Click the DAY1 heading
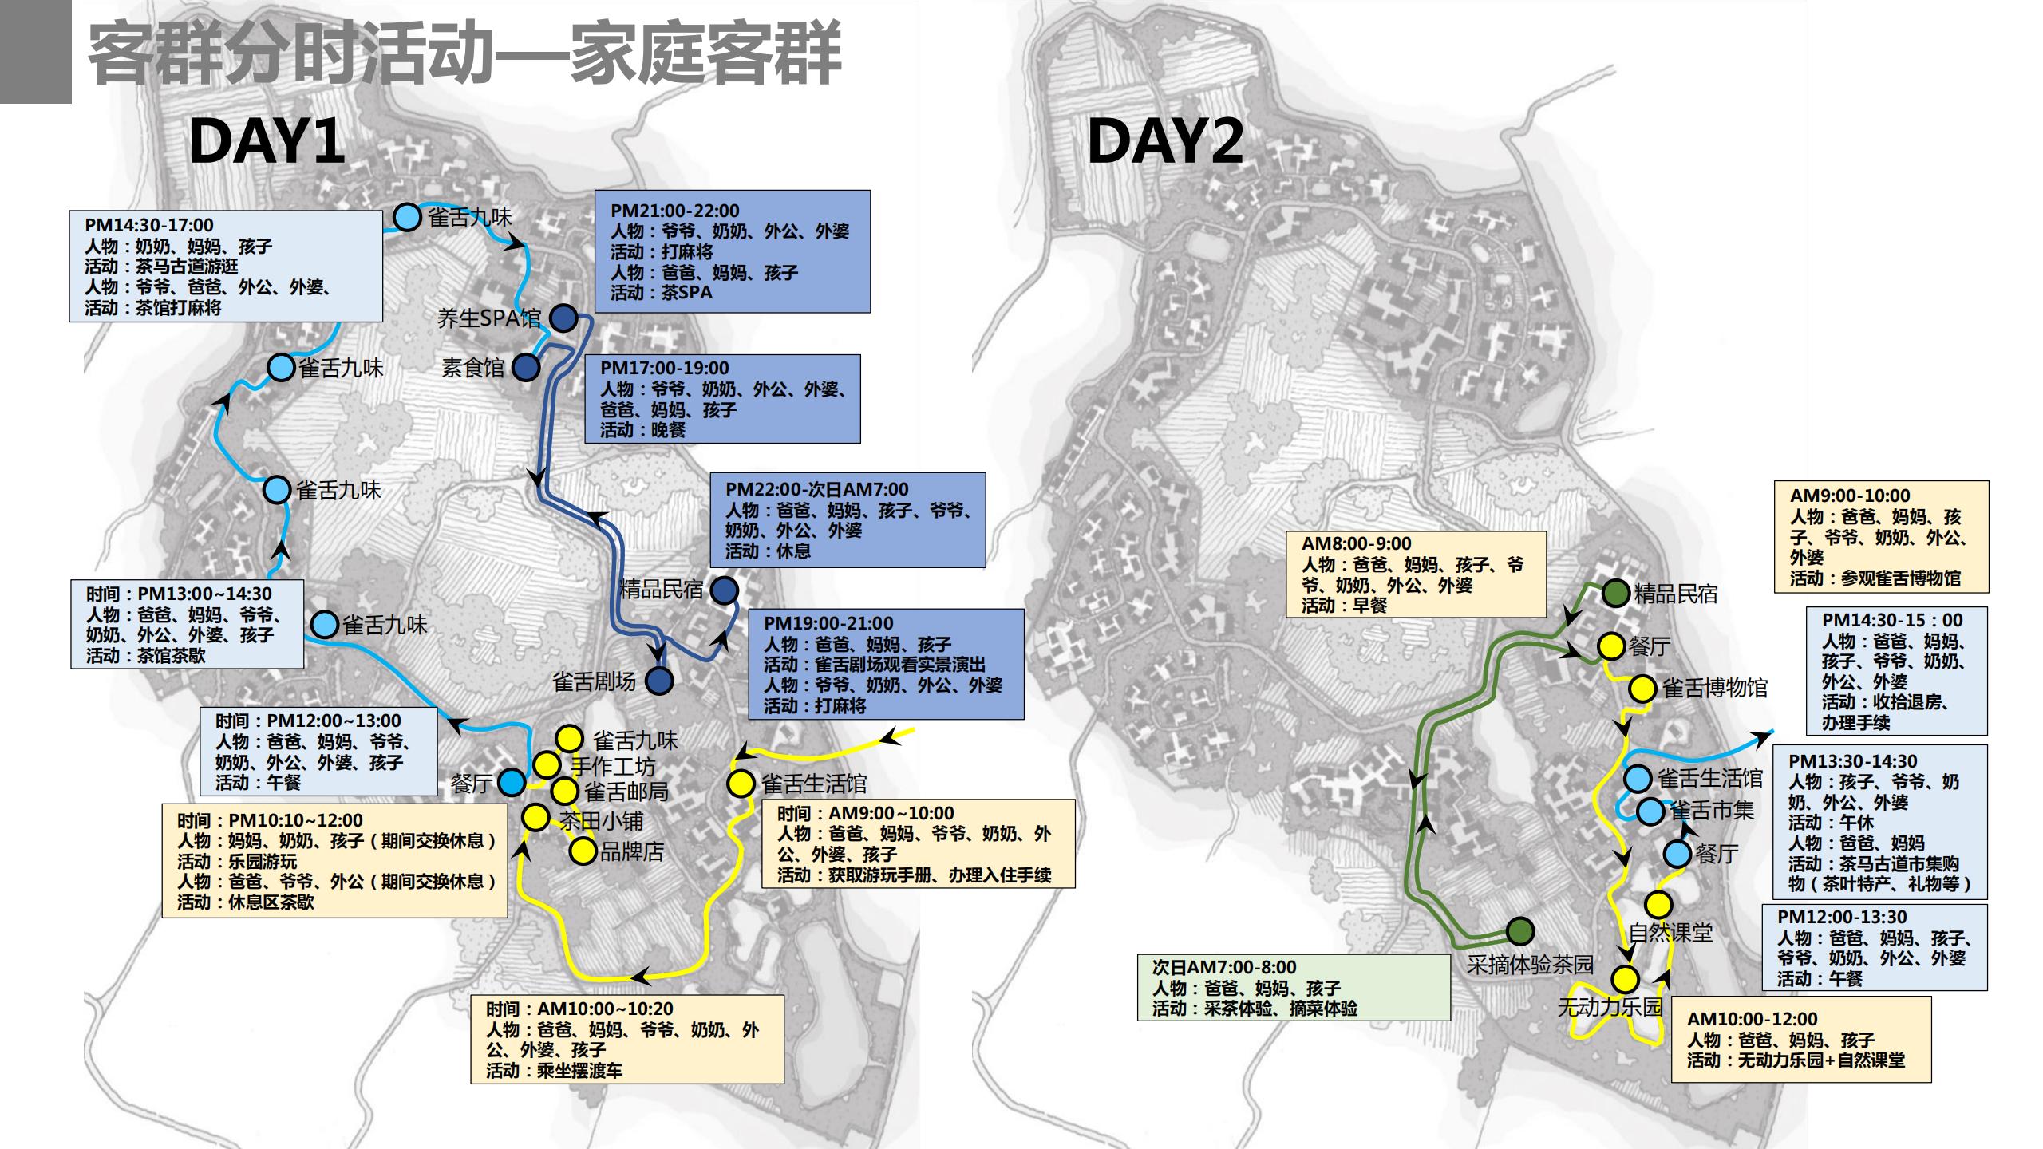(267, 141)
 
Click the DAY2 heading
(1165, 141)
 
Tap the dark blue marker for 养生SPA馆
(564, 318)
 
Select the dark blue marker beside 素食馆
(525, 368)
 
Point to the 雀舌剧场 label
(594, 681)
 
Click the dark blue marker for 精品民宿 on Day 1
(725, 590)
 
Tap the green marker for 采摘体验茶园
(1520, 930)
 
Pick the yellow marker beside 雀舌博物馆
(1642, 688)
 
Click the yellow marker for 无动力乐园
(1625, 979)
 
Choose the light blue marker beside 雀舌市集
(1650, 811)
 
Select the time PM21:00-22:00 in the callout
(675, 211)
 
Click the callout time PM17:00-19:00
(665, 368)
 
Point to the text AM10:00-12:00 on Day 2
(1752, 1019)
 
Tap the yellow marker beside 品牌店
(583, 851)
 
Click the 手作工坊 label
(613, 766)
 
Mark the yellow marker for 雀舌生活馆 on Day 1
(741, 784)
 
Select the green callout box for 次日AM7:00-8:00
(1293, 988)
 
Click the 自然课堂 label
(1670, 932)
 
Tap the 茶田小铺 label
(601, 820)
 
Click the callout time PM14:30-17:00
(149, 225)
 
